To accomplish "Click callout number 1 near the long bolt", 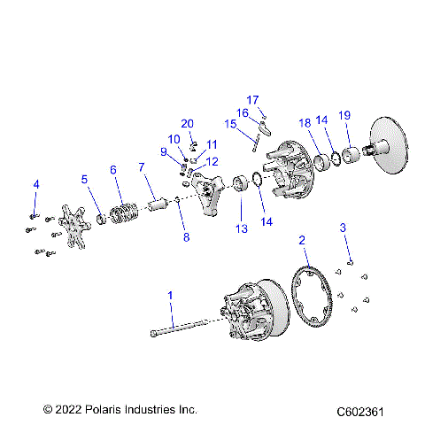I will tap(171, 294).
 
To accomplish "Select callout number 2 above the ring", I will tap(302, 240).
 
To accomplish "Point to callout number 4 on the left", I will tap(36, 184).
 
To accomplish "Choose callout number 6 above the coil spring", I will tap(112, 169).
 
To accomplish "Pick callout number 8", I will tap(186, 237).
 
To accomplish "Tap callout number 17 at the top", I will tap(252, 99).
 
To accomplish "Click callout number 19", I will tap(345, 115).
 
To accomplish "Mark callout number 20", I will tap(187, 123).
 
